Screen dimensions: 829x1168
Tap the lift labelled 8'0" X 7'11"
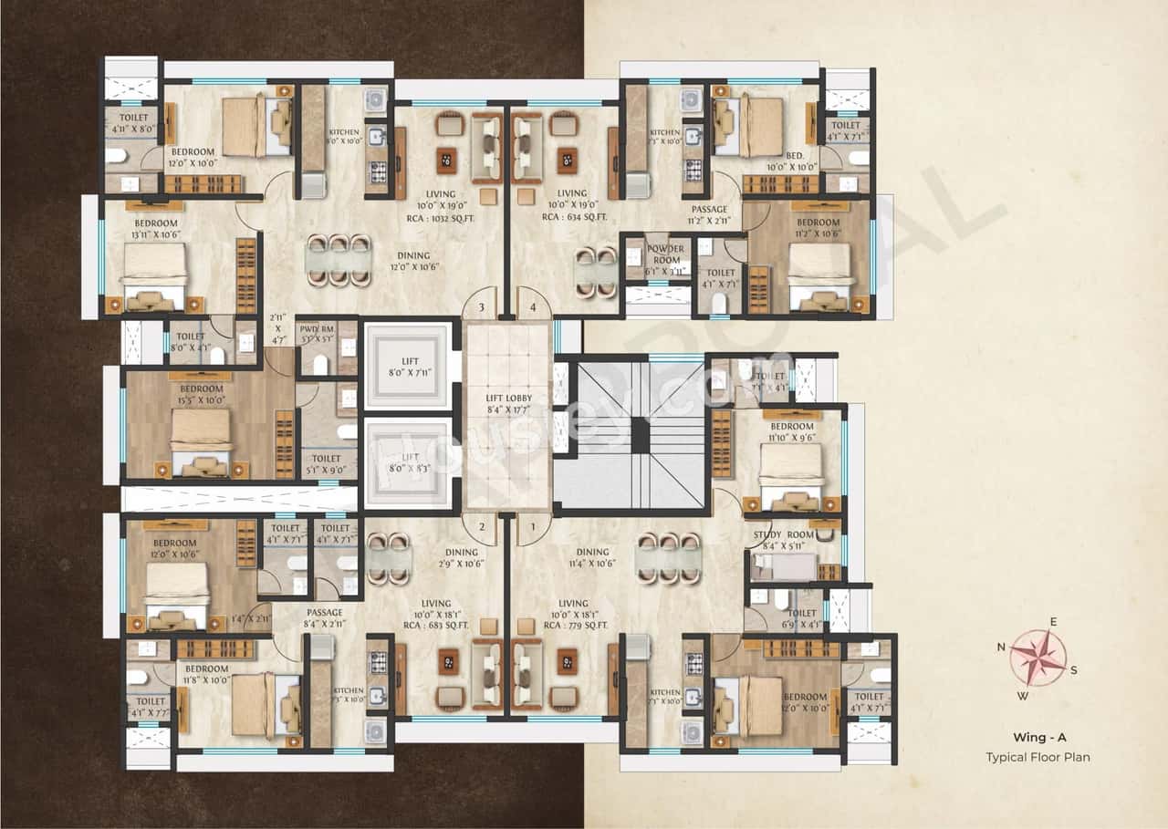[x=408, y=365]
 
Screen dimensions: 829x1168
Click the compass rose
[x=1038, y=657]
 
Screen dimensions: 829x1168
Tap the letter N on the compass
[x=1001, y=647]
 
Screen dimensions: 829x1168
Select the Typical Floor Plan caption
[x=1038, y=757]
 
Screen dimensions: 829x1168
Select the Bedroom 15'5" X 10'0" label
[x=200, y=394]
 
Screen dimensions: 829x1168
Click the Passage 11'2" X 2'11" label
[x=709, y=215]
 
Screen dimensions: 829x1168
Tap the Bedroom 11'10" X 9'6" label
[x=791, y=431]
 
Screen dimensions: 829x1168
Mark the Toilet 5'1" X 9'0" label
[x=326, y=464]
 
